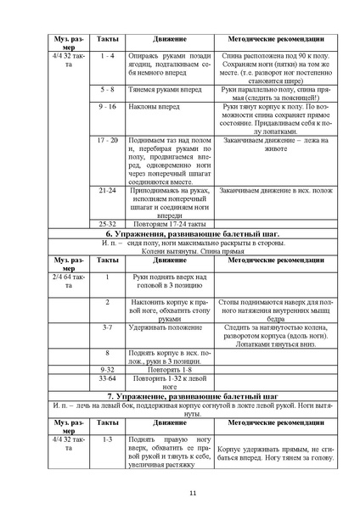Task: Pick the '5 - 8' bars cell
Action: (107, 88)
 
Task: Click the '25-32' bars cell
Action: (108, 223)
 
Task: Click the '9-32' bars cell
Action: (108, 371)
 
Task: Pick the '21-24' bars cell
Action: (108, 191)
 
